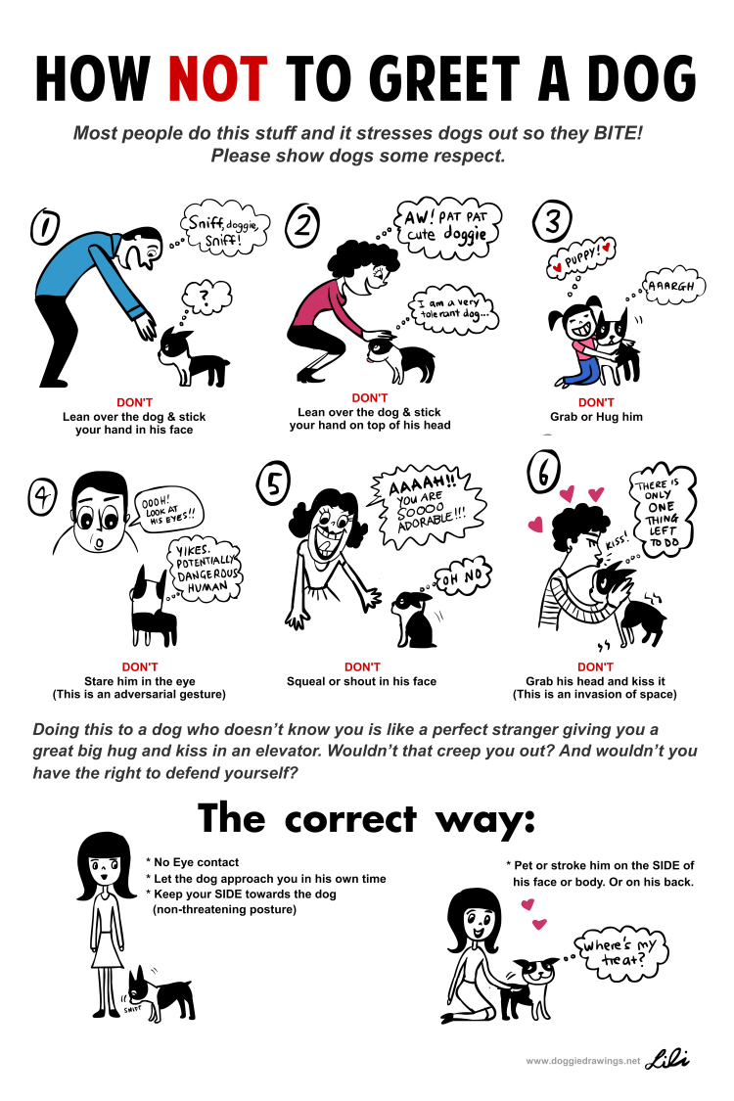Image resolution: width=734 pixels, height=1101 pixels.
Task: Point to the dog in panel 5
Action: click(413, 619)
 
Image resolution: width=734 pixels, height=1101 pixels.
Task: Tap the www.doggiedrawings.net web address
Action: click(582, 1060)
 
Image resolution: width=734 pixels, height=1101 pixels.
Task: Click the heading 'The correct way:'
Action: click(367, 818)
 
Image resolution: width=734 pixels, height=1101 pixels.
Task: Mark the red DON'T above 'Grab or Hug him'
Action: click(596, 402)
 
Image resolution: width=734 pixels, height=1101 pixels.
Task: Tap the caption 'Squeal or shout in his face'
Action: click(362, 681)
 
